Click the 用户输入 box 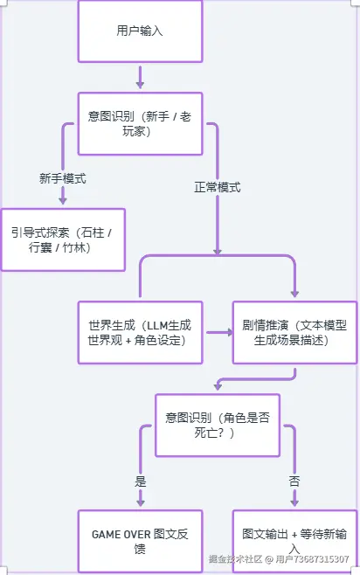pyautogui.click(x=140, y=31)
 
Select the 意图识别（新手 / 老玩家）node pyautogui.click(x=140, y=123)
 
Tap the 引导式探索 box pyautogui.click(x=63, y=239)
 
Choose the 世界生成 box pyautogui.click(x=140, y=332)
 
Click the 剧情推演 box pyautogui.click(x=294, y=332)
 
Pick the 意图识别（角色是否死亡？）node pyautogui.click(x=217, y=425)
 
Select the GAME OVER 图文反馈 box pyautogui.click(x=140, y=541)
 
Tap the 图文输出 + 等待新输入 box pyautogui.click(x=294, y=541)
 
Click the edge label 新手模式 pyautogui.click(x=63, y=177)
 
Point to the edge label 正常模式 pyautogui.click(x=217, y=187)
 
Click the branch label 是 pyautogui.click(x=140, y=480)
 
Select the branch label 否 pyautogui.click(x=294, y=480)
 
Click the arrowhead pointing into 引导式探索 pyautogui.click(x=63, y=201)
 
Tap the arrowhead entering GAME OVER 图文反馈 pyautogui.click(x=140, y=503)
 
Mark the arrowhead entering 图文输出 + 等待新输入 pyautogui.click(x=294, y=503)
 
